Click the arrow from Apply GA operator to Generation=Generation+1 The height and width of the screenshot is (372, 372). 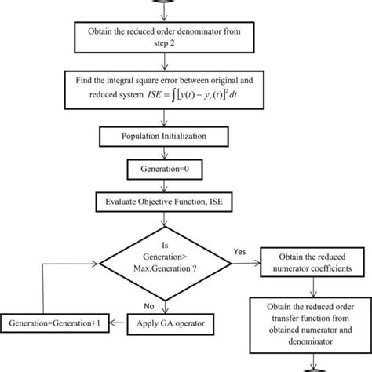click(x=118, y=323)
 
